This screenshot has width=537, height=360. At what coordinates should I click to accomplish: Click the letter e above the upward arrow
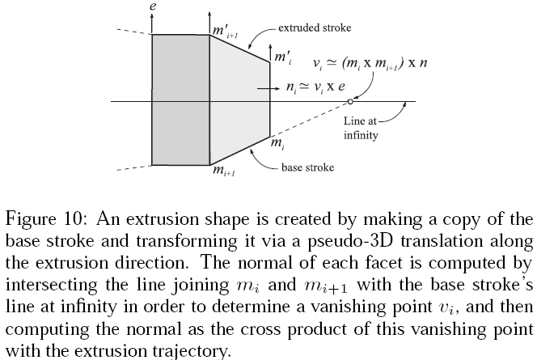(153, 6)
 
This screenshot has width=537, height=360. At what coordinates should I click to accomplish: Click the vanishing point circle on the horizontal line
(350, 101)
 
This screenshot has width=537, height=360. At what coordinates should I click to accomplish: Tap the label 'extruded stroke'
(315, 28)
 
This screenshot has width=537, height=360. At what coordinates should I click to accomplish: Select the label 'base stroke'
(307, 167)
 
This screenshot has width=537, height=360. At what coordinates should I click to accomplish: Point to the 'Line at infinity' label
(361, 128)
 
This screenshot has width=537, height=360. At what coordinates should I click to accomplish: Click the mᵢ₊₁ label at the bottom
(224, 170)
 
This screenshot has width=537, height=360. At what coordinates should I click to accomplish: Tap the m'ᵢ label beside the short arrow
(283, 57)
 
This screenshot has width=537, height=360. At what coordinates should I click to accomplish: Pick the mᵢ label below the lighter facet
(277, 143)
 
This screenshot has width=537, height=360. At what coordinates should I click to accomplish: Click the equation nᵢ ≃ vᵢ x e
(315, 87)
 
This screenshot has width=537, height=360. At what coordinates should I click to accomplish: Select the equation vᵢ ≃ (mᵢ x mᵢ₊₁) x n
(370, 63)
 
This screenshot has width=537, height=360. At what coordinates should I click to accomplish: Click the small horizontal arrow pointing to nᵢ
(268, 89)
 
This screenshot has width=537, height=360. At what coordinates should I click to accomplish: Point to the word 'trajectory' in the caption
(190, 351)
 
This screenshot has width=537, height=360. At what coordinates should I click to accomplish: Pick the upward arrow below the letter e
(152, 23)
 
